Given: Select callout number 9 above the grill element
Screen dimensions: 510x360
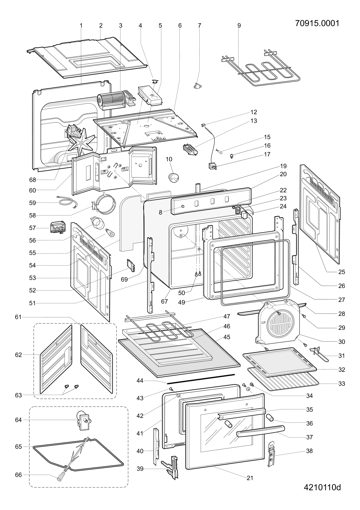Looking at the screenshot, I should click(x=239, y=25).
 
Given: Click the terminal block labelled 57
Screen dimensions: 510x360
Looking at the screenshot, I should click(x=58, y=227).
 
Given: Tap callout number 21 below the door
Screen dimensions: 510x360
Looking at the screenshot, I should click(x=250, y=478).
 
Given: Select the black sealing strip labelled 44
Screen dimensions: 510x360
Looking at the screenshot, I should click(x=201, y=378).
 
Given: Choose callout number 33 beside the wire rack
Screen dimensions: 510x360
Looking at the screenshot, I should click(x=341, y=383).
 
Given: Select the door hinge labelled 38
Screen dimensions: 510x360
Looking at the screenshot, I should click(x=272, y=454).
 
